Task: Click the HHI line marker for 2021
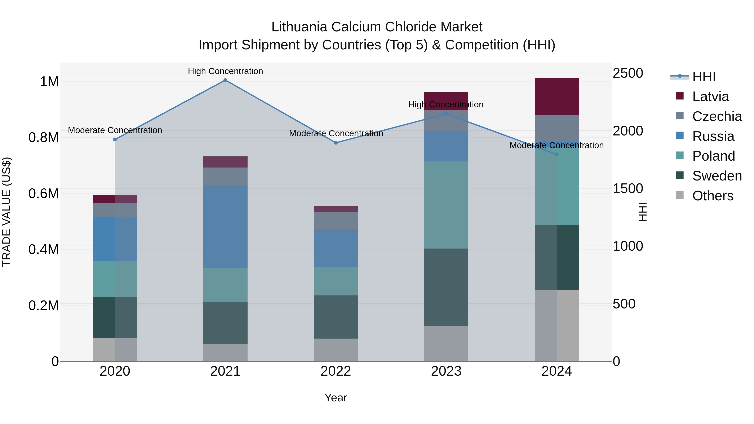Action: point(225,80)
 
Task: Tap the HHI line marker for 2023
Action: point(446,114)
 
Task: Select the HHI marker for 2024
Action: point(557,154)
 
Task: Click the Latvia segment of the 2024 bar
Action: point(556,96)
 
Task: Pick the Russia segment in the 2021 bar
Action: point(225,227)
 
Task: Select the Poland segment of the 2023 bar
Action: point(446,205)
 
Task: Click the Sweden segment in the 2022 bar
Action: point(336,317)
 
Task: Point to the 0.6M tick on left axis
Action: point(44,193)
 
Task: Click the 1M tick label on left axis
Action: point(49,81)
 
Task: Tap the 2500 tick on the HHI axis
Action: point(628,73)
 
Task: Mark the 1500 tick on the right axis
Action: point(628,188)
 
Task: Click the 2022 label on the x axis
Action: point(336,371)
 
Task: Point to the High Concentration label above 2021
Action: point(225,71)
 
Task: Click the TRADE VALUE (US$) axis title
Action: point(6,212)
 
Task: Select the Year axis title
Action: point(336,398)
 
